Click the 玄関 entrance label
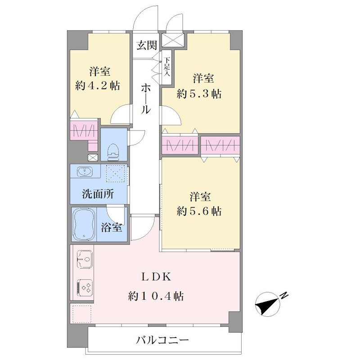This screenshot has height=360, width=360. click(x=147, y=45)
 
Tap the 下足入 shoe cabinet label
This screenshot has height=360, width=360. click(x=167, y=67)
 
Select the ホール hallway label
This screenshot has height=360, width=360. click(x=146, y=99)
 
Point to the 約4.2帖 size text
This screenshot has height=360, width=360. click(x=98, y=86)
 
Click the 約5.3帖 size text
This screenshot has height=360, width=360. click(x=199, y=94)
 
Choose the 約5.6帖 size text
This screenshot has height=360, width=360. click(x=199, y=211)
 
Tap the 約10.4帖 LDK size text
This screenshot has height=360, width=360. click(x=156, y=296)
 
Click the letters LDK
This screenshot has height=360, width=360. click(x=156, y=277)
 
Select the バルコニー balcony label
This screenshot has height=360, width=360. click(x=162, y=340)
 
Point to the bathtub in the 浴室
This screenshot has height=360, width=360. click(x=84, y=224)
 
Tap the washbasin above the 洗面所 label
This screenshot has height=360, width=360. click(x=85, y=171)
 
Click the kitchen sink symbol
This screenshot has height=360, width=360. click(x=85, y=259)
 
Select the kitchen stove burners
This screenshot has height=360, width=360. click(x=85, y=288)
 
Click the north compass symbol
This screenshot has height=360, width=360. click(x=268, y=305)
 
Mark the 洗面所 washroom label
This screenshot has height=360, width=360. click(x=98, y=194)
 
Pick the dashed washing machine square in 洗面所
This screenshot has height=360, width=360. click(x=116, y=173)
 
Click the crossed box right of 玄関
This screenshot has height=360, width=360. click(x=173, y=40)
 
